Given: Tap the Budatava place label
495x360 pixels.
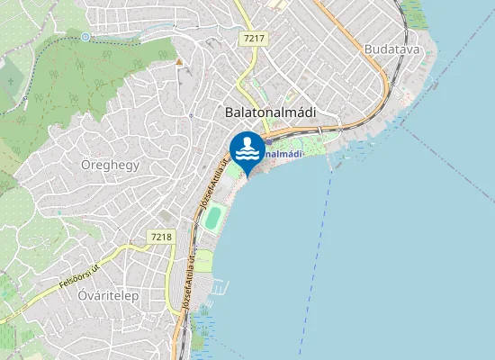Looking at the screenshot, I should coord(392,49).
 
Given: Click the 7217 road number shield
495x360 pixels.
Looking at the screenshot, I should coord(254,39).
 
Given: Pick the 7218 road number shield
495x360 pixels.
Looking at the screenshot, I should coord(160,237).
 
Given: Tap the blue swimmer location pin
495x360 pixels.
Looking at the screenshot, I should coord(247,148).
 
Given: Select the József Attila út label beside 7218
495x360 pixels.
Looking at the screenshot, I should coord(187,285).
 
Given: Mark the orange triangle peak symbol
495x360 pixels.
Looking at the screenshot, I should coord(179,61).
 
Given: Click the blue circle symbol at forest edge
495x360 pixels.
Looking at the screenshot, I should coord(85,37).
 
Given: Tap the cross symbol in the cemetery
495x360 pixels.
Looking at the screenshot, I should coord(11,81).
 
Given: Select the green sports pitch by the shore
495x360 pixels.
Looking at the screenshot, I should coord(212,220).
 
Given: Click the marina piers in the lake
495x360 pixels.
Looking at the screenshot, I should coord(218,288).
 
